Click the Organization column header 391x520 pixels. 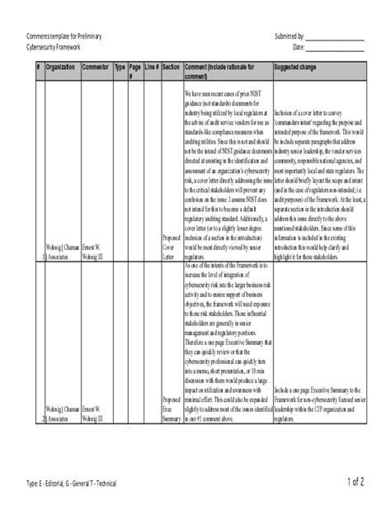click(62, 65)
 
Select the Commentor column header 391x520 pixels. click(97, 65)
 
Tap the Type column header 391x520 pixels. click(120, 65)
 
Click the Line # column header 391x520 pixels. click(151, 65)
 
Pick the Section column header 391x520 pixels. click(172, 65)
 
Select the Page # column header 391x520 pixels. click(135, 69)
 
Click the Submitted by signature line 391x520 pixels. click(336, 39)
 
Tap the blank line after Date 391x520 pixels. click(336, 49)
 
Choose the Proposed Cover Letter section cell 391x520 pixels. click(172, 248)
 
